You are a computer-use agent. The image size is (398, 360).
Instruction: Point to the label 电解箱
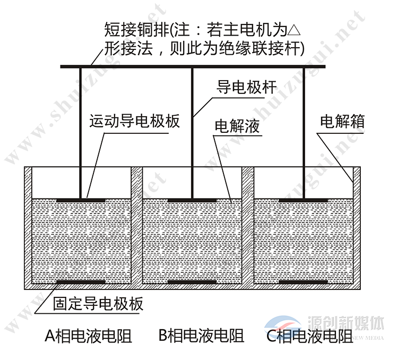[342, 121]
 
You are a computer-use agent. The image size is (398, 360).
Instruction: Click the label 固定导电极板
[98, 304]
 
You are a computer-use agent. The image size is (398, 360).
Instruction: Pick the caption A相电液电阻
[88, 336]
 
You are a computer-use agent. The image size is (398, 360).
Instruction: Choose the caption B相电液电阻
[202, 336]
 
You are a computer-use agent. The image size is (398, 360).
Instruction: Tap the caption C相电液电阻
[310, 336]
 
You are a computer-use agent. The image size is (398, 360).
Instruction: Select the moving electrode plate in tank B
[192, 200]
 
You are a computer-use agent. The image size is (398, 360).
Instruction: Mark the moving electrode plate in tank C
[304, 200]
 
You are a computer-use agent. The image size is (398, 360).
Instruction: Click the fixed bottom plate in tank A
[81, 281]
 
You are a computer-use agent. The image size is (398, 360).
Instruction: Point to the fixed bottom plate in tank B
[192, 281]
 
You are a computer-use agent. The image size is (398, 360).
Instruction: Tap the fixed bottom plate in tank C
[304, 281]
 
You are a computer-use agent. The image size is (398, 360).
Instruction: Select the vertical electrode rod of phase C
[304, 133]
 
